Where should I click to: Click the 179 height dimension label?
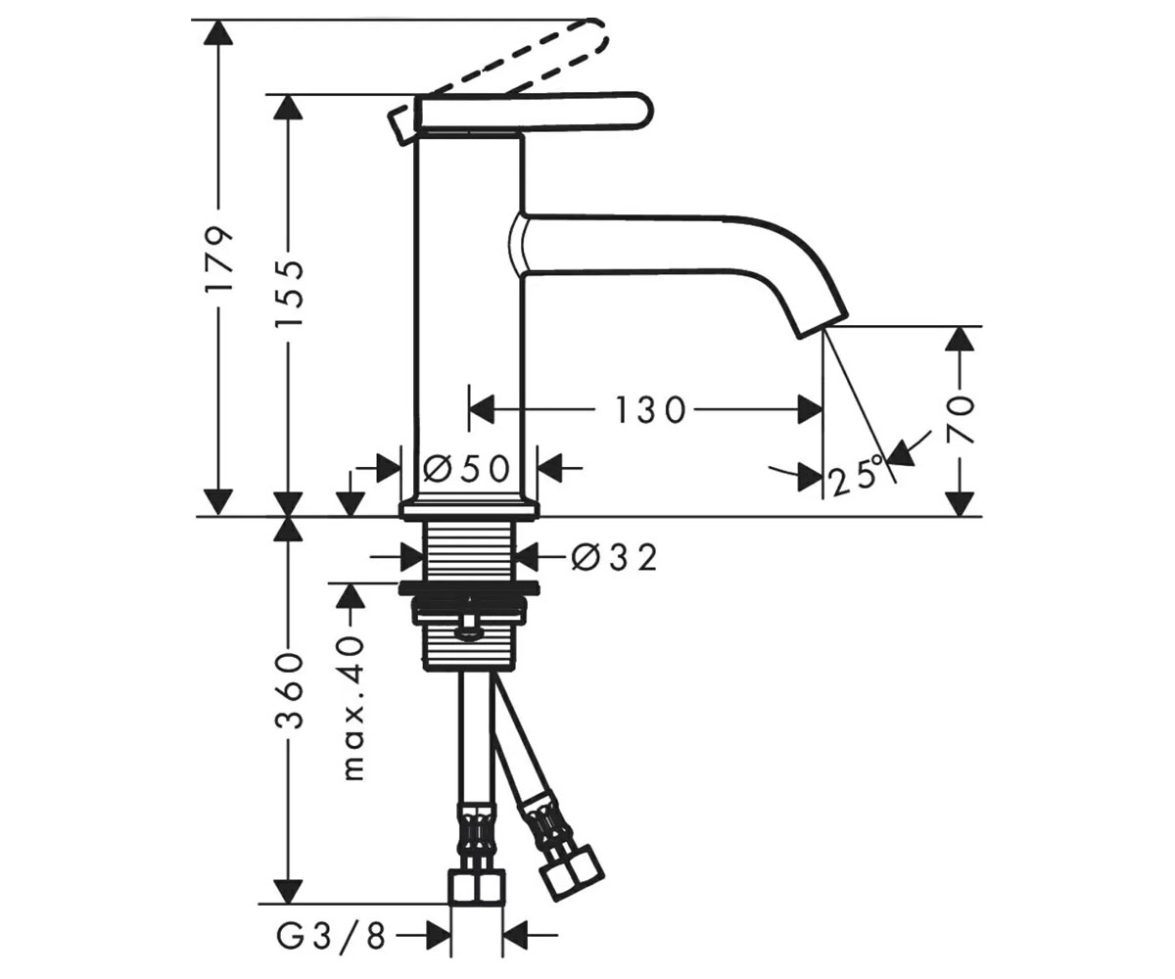coord(219,258)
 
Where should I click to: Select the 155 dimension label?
coord(289,293)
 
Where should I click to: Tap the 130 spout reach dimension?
coord(651,409)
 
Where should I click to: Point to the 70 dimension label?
coord(960,421)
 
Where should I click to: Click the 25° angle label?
coord(856,475)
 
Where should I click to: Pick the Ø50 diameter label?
coord(466,468)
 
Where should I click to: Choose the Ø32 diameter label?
coord(614,558)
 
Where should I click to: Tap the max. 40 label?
coord(352,709)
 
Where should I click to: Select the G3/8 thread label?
coord(332,937)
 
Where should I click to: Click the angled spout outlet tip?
coord(822,325)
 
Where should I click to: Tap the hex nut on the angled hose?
coord(571,882)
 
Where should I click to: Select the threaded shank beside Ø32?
coord(469,550)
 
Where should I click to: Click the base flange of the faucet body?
coord(469,508)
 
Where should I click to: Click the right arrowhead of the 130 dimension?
coord(810,409)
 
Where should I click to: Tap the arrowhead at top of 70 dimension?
coord(960,339)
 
